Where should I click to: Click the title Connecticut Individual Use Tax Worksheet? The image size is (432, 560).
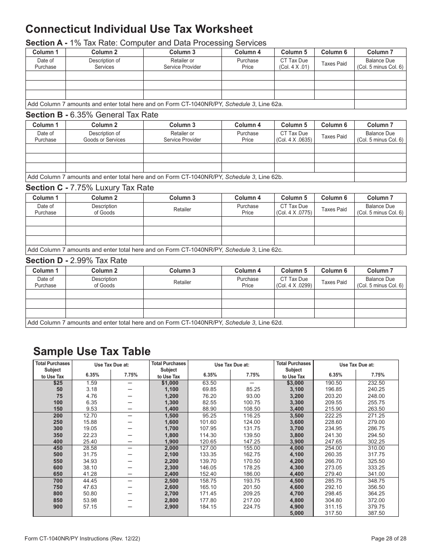[139, 29]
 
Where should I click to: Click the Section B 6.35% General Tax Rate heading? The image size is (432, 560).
[92, 115]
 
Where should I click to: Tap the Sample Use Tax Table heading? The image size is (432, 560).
[91, 351]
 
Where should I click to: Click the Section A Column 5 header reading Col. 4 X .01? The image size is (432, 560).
[294, 64]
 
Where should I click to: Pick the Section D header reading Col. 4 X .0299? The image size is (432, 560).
[294, 282]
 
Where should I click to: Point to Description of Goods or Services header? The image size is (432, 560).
[104, 137]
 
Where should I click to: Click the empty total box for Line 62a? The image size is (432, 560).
[380, 104]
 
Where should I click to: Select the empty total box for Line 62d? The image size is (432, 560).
[380, 323]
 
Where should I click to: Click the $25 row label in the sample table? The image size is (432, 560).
[58, 383]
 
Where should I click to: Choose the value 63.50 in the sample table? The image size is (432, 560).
[209, 383]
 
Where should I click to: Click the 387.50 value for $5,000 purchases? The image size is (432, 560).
[376, 513]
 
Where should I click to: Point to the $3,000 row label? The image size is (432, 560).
[294, 383]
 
